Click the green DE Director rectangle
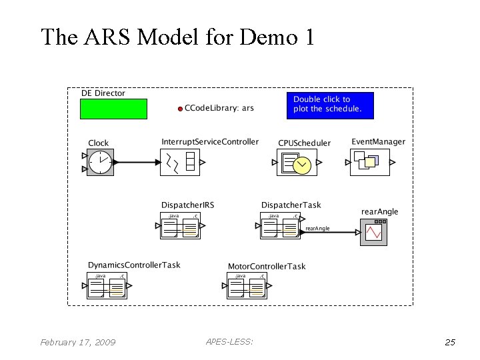coord(113,109)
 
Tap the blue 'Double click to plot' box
coord(330,105)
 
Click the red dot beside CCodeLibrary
coord(180,109)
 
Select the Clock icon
coord(101,162)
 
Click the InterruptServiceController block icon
coord(180,162)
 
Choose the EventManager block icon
coord(369,162)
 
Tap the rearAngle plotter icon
coord(373,232)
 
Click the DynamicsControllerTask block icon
coord(107,285)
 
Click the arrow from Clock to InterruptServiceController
coord(137,162)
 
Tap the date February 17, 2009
coord(77,343)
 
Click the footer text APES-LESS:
coord(229,342)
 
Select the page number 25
coord(450,343)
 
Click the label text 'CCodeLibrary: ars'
coord(219,108)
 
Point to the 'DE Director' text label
coord(103,93)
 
